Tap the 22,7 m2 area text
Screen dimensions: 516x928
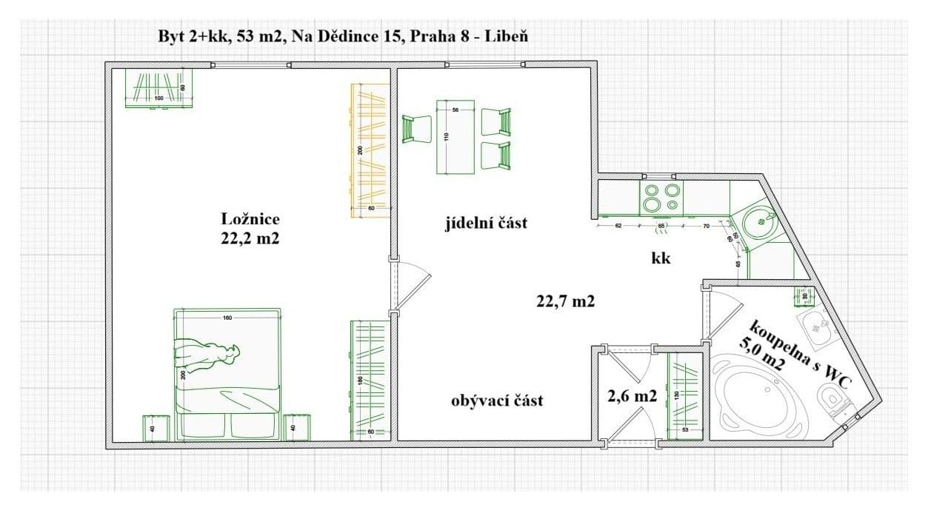click(565, 301)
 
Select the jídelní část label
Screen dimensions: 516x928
click(487, 222)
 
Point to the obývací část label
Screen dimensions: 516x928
click(497, 401)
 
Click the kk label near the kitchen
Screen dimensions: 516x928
click(661, 258)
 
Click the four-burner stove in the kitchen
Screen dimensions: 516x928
click(661, 198)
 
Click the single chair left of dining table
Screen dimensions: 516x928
click(415, 129)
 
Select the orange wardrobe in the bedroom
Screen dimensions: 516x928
click(369, 150)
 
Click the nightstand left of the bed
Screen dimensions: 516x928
click(157, 428)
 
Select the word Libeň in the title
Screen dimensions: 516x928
click(506, 36)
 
